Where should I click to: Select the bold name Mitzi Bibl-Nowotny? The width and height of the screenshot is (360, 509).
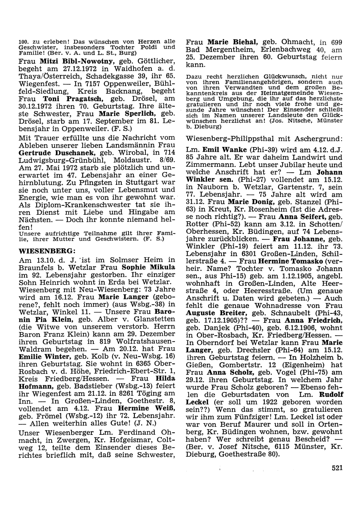click(x=71, y=61)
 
